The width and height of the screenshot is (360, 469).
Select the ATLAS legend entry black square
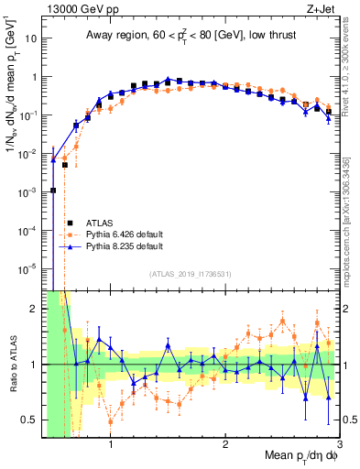(x=70, y=222)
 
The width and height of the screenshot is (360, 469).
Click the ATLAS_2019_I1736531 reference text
(x=191, y=274)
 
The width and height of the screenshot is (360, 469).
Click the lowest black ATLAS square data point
(x=53, y=191)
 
